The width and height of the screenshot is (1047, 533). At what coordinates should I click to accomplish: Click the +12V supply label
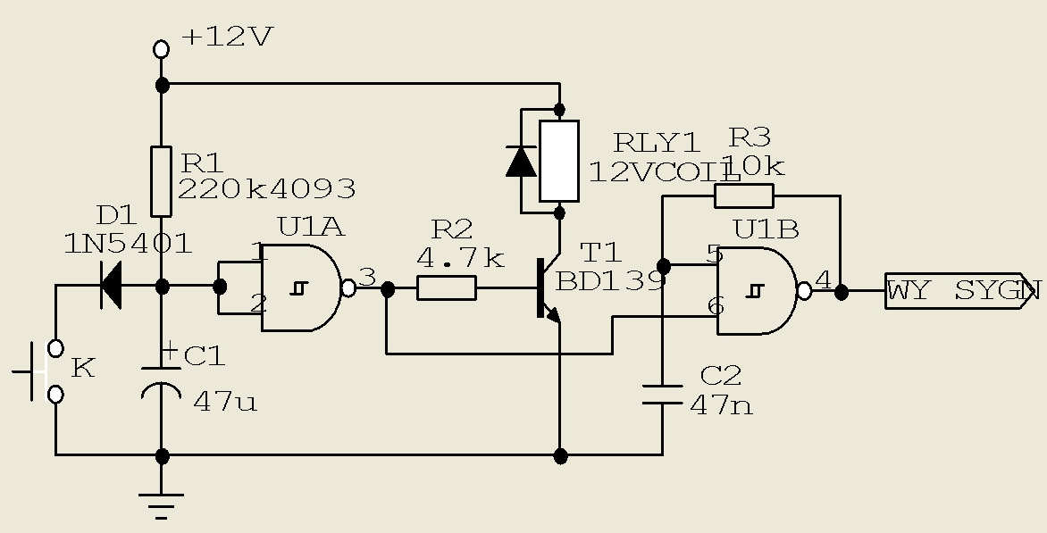point(228,37)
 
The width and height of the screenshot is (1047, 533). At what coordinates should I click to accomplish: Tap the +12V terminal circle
point(161,49)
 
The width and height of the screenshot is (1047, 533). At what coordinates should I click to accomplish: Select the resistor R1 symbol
point(161,181)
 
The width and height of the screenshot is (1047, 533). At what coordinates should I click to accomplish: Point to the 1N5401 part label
point(129,244)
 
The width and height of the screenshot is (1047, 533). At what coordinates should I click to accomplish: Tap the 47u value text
point(225,403)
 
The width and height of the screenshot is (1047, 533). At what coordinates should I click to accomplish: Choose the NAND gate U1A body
point(301,287)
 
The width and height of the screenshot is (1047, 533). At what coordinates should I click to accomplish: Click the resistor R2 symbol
point(447,288)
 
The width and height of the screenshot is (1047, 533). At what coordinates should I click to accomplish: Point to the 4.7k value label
point(461,257)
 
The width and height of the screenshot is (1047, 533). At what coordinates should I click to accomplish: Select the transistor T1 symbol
point(548,289)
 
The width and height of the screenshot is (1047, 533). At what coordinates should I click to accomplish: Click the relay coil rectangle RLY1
point(559,161)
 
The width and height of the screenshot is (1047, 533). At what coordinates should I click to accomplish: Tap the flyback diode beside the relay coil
point(521,161)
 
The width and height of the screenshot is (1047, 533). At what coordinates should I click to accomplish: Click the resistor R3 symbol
point(744,196)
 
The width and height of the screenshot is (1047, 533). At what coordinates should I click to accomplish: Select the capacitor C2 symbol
point(662,395)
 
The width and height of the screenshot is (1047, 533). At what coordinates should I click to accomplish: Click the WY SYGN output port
point(961,291)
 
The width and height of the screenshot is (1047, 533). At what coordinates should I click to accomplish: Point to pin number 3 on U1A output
point(368,278)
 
